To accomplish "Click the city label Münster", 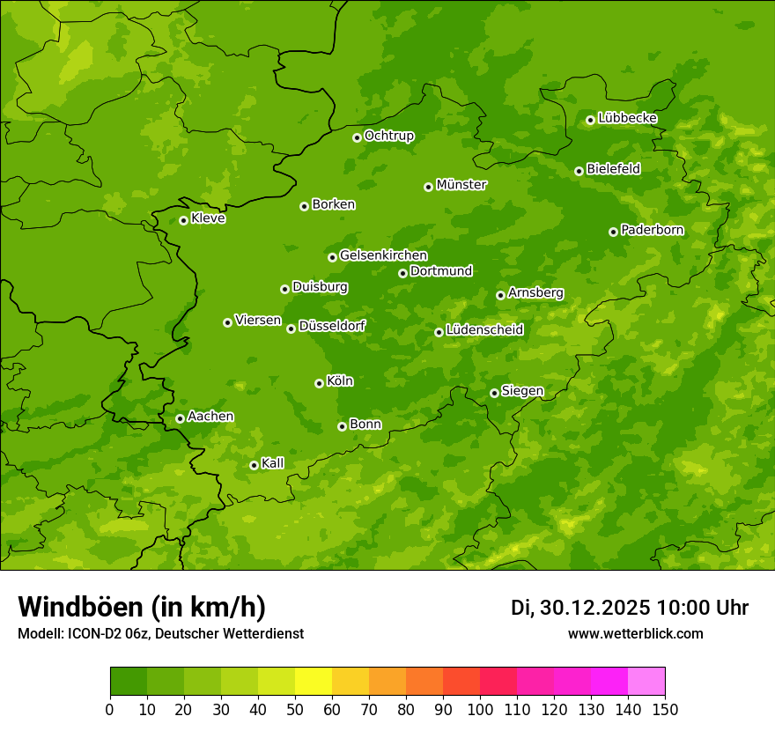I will tap(461, 185).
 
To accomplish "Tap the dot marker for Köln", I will tap(319, 383).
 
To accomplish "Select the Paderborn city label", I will tap(653, 230).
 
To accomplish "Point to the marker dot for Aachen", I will tap(180, 418).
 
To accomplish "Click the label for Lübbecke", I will tap(628, 118).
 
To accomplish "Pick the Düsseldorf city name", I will tap(332, 326).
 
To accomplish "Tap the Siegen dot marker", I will tap(494, 393).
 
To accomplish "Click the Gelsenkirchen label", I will tap(383, 255).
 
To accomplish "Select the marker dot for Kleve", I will tap(183, 220).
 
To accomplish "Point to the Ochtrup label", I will tap(389, 136).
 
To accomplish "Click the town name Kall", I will tap(273, 463).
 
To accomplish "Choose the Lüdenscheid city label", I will tap(485, 330).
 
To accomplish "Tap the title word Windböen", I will tap(80, 607).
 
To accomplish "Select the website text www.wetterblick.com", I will tap(635, 633).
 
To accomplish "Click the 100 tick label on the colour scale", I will tap(480, 709).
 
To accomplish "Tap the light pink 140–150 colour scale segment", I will tap(646, 682).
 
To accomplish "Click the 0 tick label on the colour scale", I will tap(110, 709).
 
